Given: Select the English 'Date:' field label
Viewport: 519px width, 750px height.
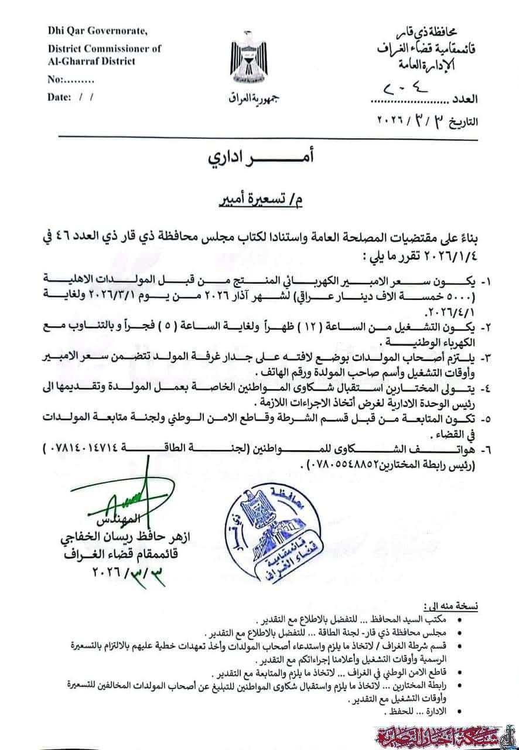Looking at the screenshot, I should tap(59, 97).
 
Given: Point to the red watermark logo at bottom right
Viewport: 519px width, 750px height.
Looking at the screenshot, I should tap(446, 734).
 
